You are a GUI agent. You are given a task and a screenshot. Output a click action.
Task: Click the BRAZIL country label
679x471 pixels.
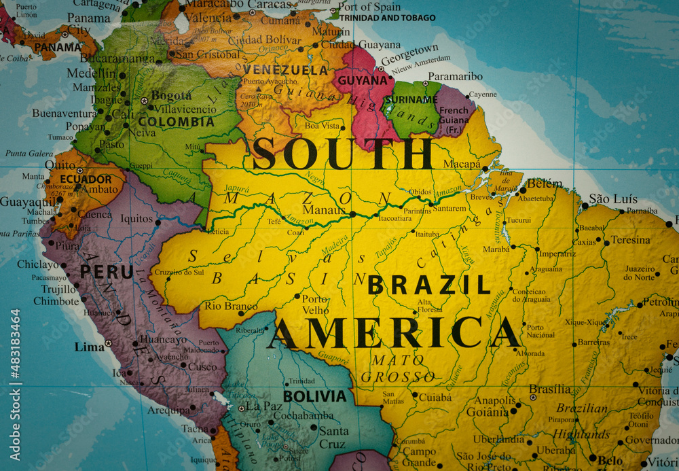coord(429,285)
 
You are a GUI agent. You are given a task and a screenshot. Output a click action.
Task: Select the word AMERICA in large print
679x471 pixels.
coord(394,333)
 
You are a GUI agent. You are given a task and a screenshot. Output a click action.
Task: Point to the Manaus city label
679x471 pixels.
coord(324,210)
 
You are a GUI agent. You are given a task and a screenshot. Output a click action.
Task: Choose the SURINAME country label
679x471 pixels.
coord(410,99)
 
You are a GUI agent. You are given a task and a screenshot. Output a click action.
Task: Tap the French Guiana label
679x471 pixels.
coord(454,115)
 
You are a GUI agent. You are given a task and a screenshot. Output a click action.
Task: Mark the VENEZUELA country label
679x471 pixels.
coord(285,70)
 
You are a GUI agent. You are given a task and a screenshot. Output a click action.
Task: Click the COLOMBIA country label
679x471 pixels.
coord(176,122)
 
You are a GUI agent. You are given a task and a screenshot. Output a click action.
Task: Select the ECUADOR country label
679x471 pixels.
coord(86,179)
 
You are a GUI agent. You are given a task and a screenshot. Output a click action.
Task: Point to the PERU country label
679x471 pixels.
coord(107,272)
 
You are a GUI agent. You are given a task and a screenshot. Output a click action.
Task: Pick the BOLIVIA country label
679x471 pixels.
coord(314,396)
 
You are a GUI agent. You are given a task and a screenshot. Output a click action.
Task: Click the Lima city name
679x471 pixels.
coord(90,347)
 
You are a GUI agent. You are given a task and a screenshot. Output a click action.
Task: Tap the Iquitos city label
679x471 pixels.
coord(136,219)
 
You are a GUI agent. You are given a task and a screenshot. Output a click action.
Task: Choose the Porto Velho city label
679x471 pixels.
coord(315,304)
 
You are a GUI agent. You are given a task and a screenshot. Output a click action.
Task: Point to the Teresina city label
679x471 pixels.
coord(631,240)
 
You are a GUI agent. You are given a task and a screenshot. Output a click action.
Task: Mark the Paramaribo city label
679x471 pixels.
coord(455,76)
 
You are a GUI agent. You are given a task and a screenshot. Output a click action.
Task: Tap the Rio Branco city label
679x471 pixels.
coord(231,306)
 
